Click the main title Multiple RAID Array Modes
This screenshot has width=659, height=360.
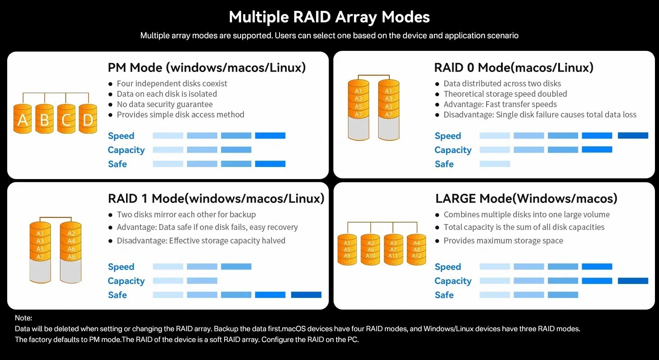(329, 17)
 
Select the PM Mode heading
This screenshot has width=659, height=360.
(207, 67)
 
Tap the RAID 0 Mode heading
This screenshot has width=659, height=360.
(514, 67)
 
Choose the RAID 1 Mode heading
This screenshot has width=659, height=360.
(216, 198)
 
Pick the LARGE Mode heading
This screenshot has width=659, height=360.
(526, 198)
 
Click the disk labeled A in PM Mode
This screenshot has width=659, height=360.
(23, 120)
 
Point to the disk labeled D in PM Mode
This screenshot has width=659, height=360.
(88, 120)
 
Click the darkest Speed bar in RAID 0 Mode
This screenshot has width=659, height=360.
(633, 135)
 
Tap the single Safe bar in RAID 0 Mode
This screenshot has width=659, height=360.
(495, 164)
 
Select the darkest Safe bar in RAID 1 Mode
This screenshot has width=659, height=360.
(306, 295)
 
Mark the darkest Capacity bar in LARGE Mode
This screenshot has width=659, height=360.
(633, 281)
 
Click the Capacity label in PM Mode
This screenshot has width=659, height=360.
(126, 150)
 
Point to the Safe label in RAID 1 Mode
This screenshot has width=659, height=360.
(117, 295)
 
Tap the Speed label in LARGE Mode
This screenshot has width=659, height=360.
(448, 267)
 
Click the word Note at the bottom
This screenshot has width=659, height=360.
(23, 318)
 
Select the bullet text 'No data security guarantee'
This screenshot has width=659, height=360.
(164, 104)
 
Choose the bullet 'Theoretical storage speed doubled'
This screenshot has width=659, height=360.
(505, 94)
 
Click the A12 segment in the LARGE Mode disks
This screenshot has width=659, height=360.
(416, 256)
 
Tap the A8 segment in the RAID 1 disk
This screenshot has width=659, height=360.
(71, 257)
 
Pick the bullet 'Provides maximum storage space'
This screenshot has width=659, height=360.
(503, 240)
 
